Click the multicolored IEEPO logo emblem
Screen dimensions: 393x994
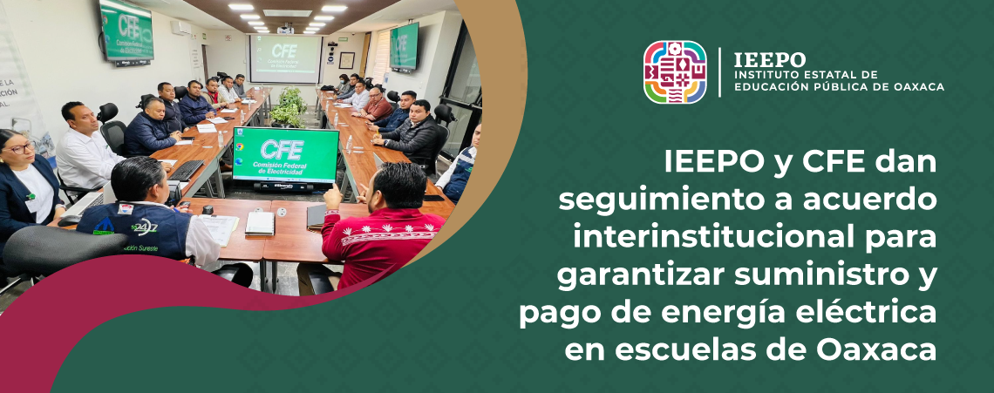[x=674, y=72]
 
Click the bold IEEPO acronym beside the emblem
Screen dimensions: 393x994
[x=769, y=58]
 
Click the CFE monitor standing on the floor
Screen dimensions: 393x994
[x=285, y=157]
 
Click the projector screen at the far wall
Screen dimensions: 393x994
[x=285, y=58]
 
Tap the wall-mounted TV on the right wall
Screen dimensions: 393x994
[x=404, y=46]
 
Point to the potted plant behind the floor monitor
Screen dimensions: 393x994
[x=287, y=106]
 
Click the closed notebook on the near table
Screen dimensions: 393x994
[x=259, y=223]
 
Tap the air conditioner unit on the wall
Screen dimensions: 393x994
[x=181, y=27]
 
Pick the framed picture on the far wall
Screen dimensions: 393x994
[x=346, y=60]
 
